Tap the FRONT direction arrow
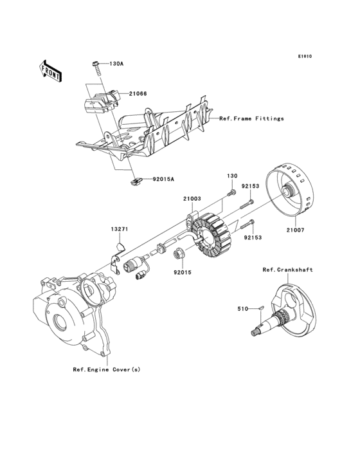point(51,71)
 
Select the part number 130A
point(116,64)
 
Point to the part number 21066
point(137,94)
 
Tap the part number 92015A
point(163,180)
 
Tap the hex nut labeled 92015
point(179,254)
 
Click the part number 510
point(242,309)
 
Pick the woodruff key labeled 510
point(261,309)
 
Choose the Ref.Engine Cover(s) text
point(106,369)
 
